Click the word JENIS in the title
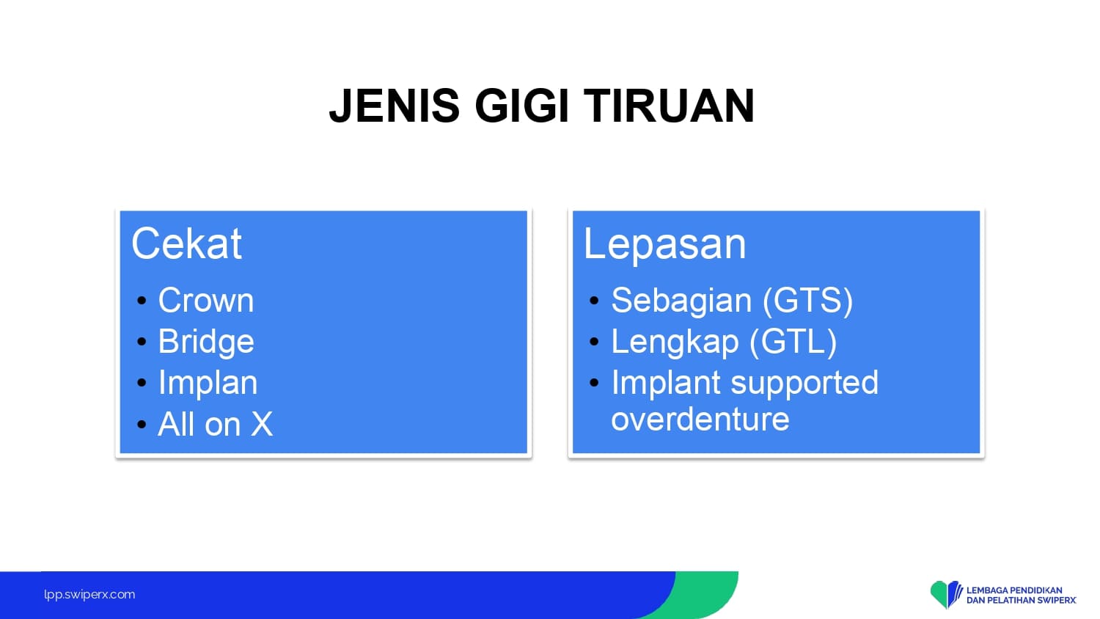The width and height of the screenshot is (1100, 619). point(395,106)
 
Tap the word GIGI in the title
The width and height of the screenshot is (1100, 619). point(521,106)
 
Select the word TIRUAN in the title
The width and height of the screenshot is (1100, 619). point(669,106)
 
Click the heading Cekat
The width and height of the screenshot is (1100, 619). point(186,243)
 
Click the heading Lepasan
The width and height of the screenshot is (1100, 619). point(665,244)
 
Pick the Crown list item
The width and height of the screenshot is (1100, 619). point(206,300)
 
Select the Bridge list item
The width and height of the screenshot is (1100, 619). point(206,342)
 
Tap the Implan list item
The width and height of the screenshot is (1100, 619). point(208,382)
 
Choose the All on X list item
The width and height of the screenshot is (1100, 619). point(215,423)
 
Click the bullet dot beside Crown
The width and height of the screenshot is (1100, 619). point(142,300)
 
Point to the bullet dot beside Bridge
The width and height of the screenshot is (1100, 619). point(142,342)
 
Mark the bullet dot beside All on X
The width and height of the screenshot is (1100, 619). point(142,424)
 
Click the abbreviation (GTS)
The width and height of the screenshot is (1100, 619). point(808,300)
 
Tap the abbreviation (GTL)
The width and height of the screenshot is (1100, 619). point(793,342)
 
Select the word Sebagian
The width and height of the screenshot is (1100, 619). point(681,300)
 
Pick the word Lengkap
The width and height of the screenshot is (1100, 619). point(675,342)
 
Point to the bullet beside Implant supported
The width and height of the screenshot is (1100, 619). point(594,383)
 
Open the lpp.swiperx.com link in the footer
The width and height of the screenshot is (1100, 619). point(89,595)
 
